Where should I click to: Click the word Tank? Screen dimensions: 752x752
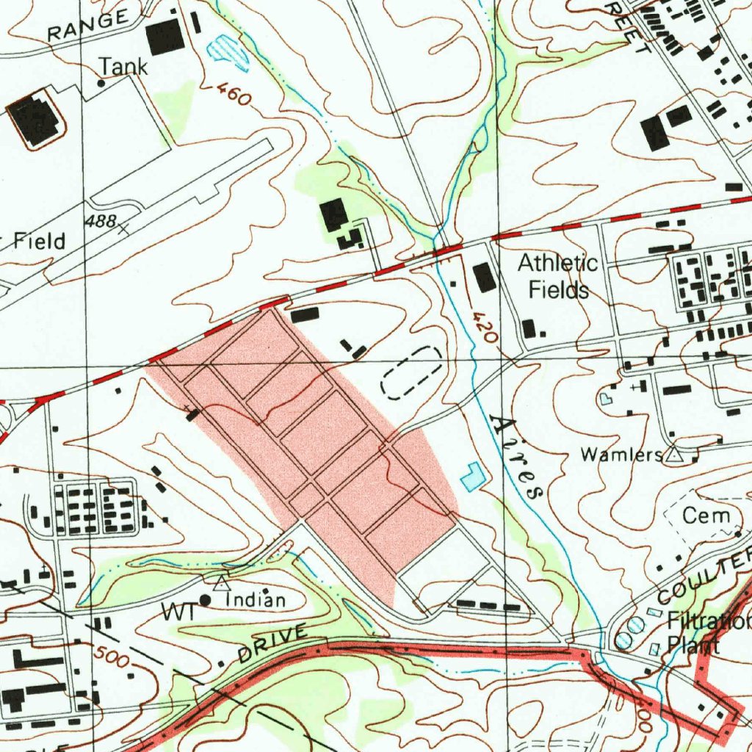[123, 67]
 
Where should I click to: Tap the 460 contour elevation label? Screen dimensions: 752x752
[234, 95]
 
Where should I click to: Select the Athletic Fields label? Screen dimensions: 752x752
[558, 276]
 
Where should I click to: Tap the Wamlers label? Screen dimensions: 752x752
[621, 455]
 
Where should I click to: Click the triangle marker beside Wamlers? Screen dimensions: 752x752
[673, 455]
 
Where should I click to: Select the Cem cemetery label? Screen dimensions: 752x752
[706, 516]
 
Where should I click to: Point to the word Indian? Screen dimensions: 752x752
[256, 601]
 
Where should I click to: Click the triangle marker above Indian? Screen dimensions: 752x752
[221, 584]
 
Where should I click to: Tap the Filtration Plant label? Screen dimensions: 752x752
[705, 633]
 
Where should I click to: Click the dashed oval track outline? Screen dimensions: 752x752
[412, 373]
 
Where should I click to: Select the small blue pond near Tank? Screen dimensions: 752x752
[228, 51]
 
